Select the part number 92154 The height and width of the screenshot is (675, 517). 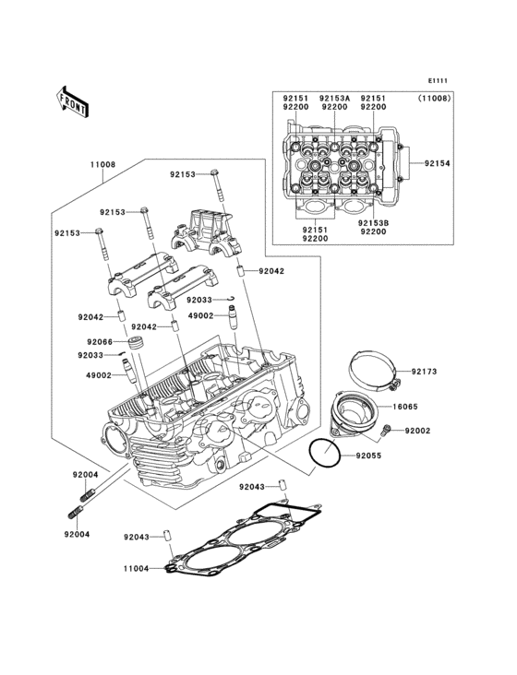click(437, 163)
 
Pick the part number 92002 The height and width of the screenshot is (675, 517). click(418, 431)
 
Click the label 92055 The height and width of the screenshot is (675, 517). click(368, 456)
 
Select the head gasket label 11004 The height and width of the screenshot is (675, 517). click(137, 571)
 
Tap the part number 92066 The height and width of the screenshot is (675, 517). click(101, 342)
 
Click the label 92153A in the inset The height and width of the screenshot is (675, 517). click(333, 98)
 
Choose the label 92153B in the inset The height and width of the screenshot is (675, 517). click(373, 222)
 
